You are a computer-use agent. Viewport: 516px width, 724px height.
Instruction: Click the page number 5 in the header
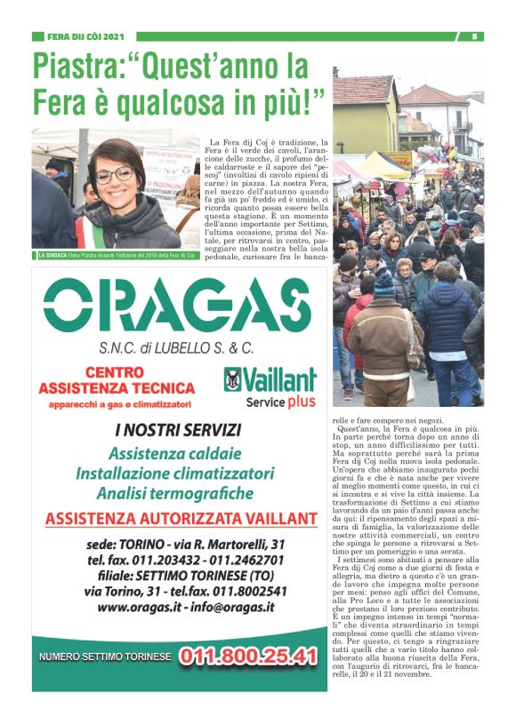pyautogui.click(x=475, y=36)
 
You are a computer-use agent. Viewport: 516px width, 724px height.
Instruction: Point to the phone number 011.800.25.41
pyautogui.click(x=248, y=657)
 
